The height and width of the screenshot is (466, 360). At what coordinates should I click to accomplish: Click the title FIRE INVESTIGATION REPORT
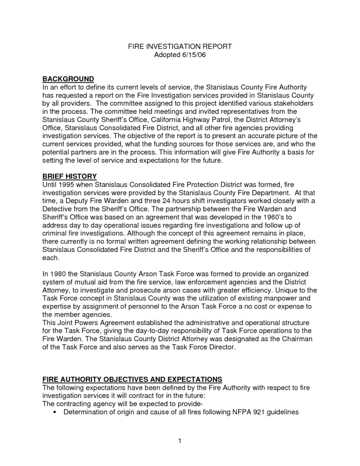[x=180, y=46]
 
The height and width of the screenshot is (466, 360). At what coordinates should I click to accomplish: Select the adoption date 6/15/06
[x=193, y=55]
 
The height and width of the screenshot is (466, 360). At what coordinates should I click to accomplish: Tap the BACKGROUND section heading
[x=68, y=78]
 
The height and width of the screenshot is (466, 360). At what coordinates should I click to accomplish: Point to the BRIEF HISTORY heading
[x=69, y=176]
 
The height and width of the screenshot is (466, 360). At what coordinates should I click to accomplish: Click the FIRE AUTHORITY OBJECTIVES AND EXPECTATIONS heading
[x=132, y=379]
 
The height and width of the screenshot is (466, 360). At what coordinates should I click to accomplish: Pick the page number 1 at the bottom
[x=180, y=441]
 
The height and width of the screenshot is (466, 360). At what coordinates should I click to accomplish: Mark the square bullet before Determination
[x=55, y=413]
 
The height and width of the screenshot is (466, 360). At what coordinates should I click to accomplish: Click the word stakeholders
[x=292, y=103]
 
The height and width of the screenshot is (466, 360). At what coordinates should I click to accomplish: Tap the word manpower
[x=280, y=298]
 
